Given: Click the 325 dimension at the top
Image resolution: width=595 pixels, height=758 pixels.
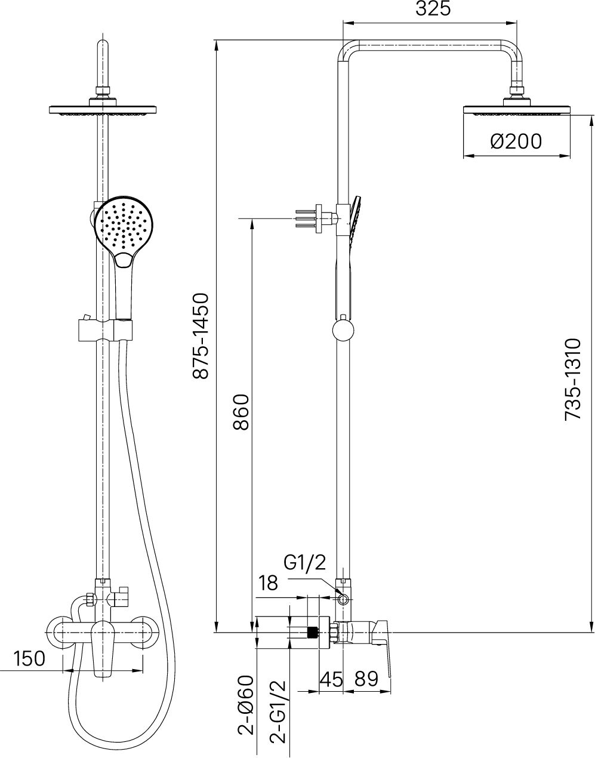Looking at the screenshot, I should tap(430, 10).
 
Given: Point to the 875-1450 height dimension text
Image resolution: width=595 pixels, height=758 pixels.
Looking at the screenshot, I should tap(201, 335).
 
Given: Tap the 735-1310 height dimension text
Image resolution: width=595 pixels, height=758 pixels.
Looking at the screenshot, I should tap(573, 380).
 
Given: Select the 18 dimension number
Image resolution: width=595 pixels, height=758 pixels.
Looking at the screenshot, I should tap(269, 583).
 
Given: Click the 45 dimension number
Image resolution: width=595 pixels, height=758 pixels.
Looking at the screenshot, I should tap(331, 679).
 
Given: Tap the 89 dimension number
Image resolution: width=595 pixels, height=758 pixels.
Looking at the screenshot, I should tap(366, 679).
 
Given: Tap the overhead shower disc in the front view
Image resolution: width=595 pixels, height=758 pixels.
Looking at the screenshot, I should tap(103, 109).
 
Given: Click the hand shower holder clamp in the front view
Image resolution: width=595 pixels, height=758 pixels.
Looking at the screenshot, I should tap(103, 330).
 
